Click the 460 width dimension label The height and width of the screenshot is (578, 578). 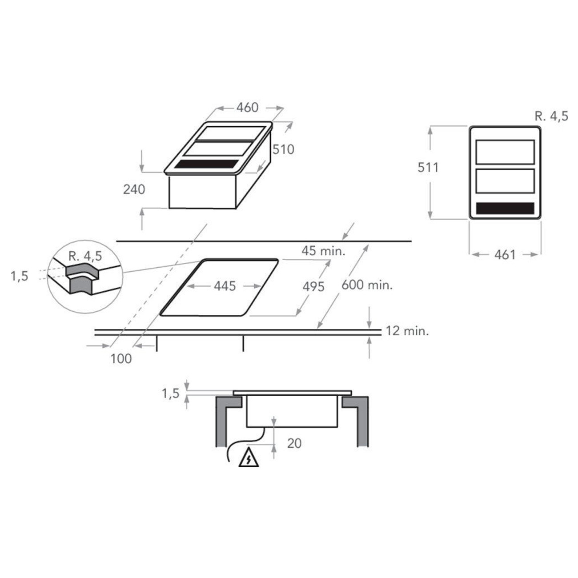click(247, 108)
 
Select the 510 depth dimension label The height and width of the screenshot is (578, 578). click(283, 149)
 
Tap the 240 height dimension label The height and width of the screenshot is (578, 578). click(134, 189)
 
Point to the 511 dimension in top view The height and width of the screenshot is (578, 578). click(428, 167)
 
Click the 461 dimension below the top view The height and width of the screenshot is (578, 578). click(505, 255)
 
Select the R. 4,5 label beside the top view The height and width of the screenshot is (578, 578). click(551, 116)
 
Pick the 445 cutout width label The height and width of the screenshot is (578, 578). click(225, 286)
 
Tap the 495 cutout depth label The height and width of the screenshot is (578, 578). click(313, 287)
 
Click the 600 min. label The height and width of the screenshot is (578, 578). click(367, 285)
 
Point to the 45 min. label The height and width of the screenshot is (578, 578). click(323, 251)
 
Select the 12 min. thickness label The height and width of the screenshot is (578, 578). click(407, 331)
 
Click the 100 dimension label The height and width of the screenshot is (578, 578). click(121, 358)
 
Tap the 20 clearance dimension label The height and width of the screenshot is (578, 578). click(294, 443)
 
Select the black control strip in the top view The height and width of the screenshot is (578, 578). click(505, 208)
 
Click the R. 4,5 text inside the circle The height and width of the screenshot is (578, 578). click(85, 256)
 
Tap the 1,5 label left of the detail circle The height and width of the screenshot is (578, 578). click(19, 276)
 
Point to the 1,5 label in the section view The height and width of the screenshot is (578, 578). click(170, 393)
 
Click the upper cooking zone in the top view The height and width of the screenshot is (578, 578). click(505, 152)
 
